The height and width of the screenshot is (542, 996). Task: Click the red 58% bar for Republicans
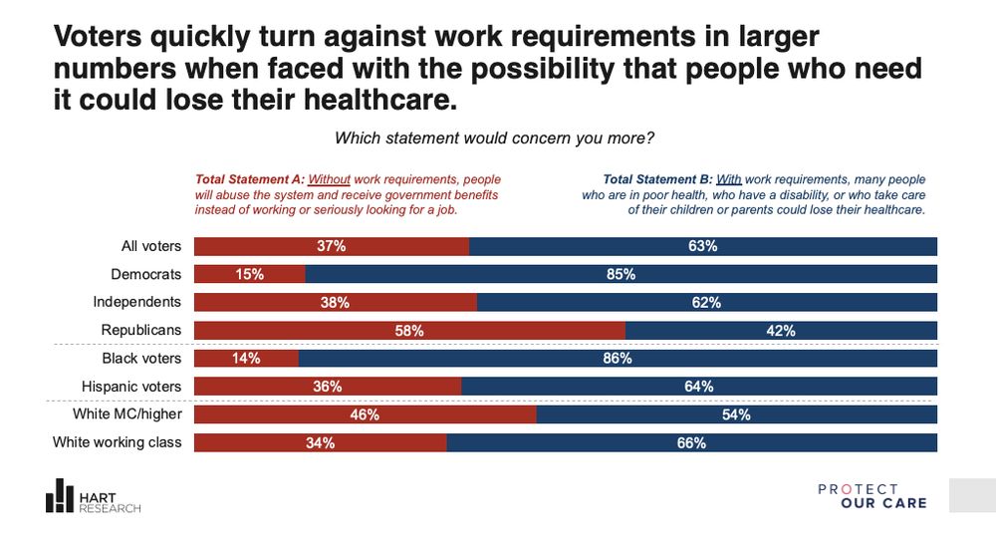coord(409,330)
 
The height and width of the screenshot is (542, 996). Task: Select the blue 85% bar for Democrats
coord(621,274)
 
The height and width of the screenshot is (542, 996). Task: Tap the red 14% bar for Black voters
coord(245,358)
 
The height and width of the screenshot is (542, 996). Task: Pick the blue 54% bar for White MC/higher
coord(736,413)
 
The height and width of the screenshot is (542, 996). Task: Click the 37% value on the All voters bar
coord(332,246)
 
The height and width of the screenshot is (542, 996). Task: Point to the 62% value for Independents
coord(706,302)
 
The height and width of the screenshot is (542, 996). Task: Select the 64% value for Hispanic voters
coord(698,386)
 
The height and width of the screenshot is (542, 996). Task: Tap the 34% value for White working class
coord(321,442)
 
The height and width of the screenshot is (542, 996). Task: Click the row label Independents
coord(136,301)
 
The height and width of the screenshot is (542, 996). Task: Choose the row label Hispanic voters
coord(131,385)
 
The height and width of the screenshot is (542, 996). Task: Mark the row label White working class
coord(118,441)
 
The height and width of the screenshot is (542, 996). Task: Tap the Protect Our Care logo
coord(871,496)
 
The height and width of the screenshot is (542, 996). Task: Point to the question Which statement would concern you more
coord(494,137)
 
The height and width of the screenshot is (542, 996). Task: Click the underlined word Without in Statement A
coord(329,179)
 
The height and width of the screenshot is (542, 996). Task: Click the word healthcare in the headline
coord(369,101)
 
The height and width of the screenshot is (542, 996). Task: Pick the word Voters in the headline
coord(100,38)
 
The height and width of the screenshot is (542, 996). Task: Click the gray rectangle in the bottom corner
coord(972,495)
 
